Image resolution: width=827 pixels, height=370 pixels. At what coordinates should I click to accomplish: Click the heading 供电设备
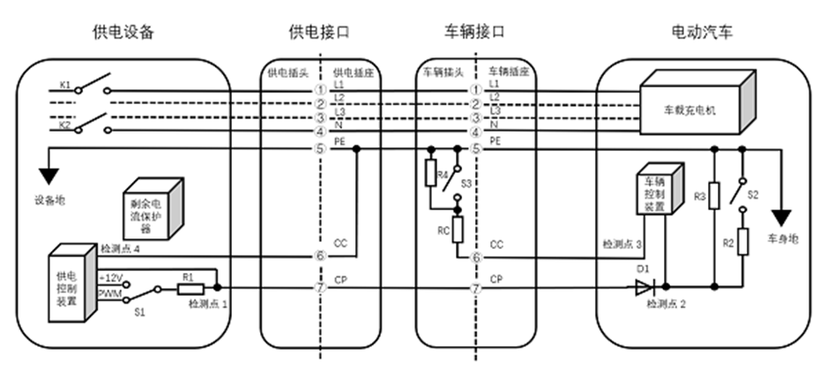pyautogui.click(x=123, y=33)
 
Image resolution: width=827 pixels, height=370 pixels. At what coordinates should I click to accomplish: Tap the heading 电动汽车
pyautogui.click(x=702, y=33)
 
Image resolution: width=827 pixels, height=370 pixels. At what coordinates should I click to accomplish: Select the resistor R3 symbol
pyautogui.click(x=715, y=193)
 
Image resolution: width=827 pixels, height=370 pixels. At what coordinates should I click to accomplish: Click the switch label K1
pyautogui.click(x=65, y=85)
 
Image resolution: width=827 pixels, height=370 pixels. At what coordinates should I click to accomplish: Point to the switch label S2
pyautogui.click(x=753, y=192)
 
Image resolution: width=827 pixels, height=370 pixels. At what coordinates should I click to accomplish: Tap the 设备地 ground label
pyautogui.click(x=46, y=199)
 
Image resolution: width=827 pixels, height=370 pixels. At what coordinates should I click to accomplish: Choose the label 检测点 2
pyautogui.click(x=663, y=304)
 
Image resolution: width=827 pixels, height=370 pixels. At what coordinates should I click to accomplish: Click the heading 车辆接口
pyautogui.click(x=474, y=33)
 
